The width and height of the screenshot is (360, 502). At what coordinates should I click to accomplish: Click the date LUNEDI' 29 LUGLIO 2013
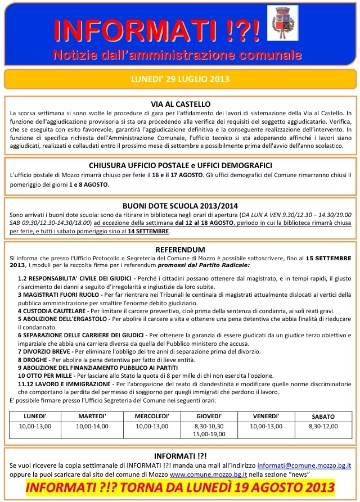click(180, 79)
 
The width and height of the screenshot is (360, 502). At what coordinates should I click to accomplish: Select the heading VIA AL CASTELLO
click(181, 104)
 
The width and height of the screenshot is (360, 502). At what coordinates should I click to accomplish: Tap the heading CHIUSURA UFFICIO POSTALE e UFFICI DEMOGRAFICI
click(181, 165)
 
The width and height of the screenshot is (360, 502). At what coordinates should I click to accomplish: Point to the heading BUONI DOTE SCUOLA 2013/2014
click(181, 205)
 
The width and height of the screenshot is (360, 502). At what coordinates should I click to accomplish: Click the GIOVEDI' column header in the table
click(209, 416)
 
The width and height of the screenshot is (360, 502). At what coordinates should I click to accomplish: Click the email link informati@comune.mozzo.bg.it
click(304, 466)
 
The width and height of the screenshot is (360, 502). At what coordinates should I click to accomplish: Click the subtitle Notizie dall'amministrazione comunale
click(177, 55)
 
